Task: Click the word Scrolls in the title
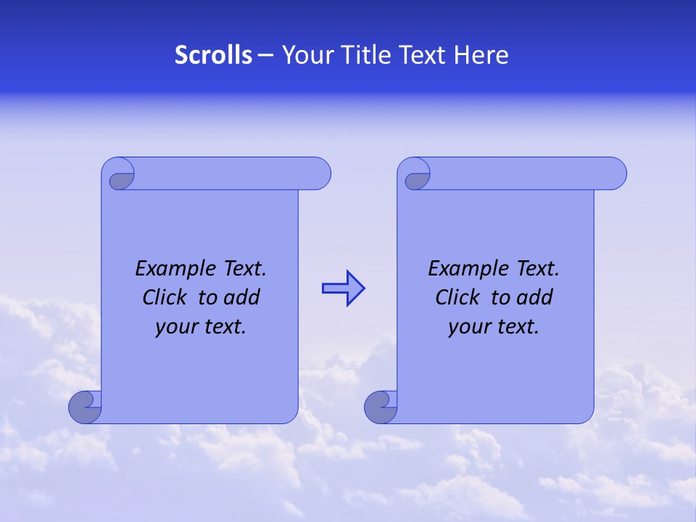[x=213, y=55]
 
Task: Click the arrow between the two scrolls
[x=344, y=289]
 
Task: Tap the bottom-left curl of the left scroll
[x=86, y=407]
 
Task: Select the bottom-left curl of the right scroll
[x=381, y=407]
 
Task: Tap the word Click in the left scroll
[x=164, y=297]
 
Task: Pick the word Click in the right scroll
[x=457, y=297]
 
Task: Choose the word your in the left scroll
[x=176, y=327]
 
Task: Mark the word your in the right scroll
[x=469, y=327]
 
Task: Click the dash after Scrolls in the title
[x=265, y=56]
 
